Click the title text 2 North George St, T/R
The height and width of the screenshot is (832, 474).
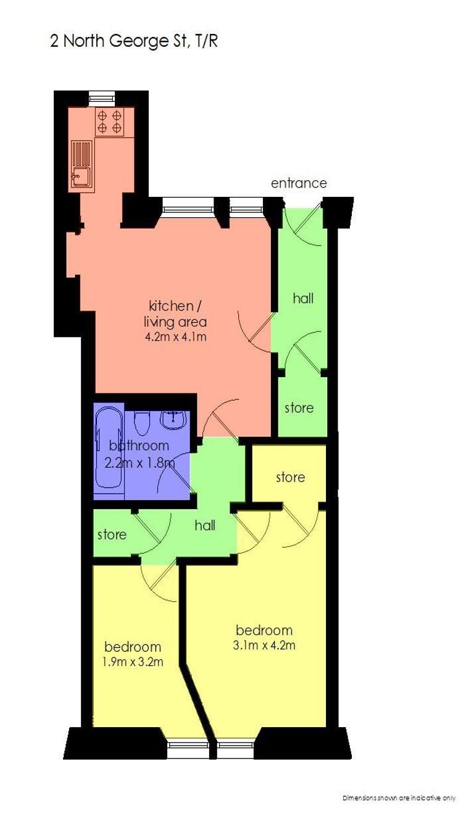[134, 41]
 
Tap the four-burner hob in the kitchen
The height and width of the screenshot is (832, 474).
[110, 122]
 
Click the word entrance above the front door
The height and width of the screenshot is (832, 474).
[299, 183]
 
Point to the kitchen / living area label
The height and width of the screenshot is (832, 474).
[175, 314]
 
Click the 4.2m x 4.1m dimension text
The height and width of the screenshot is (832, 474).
[175, 337]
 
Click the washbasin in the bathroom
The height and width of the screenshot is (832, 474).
[173, 420]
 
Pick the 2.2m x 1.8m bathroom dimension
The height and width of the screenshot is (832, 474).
[139, 463]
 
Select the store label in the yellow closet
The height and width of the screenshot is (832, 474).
[291, 477]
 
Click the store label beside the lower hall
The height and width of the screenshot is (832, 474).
[112, 535]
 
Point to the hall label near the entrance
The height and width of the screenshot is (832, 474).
[303, 298]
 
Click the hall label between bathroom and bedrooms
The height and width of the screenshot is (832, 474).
[205, 525]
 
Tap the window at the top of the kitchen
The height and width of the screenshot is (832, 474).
[103, 98]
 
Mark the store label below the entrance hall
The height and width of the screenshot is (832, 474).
[299, 408]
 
